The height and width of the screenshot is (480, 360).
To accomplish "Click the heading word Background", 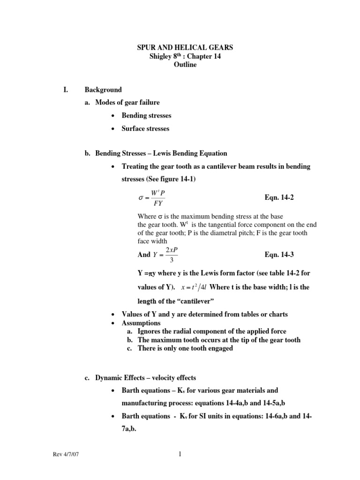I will (103, 90).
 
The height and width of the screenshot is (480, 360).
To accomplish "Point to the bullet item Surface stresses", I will (145, 128).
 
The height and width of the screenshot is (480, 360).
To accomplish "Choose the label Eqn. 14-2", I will (280, 198).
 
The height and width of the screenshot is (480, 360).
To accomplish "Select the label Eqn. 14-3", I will (280, 255).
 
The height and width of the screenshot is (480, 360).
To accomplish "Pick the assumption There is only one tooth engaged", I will (185, 348).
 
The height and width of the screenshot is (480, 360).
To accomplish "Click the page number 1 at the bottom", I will (180, 454).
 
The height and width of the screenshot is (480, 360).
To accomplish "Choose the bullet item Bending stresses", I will (146, 115).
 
